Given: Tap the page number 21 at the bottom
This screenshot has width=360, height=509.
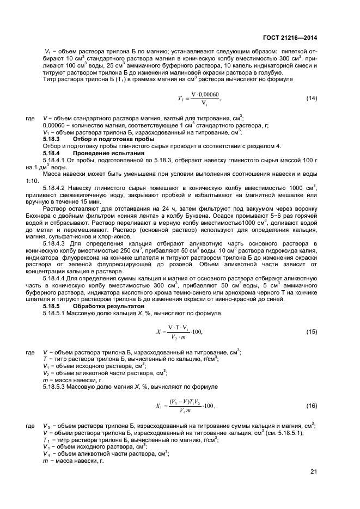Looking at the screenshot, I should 314,471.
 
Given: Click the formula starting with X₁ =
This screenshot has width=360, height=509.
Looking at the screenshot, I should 185,405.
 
